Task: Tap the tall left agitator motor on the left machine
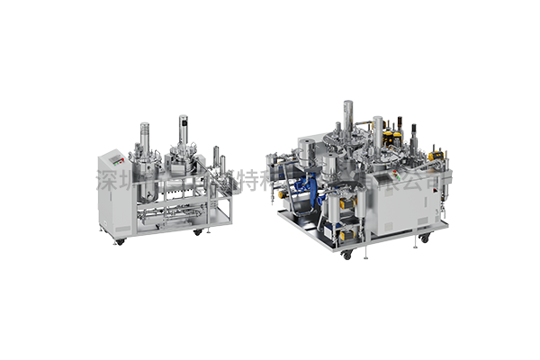coord(143,134)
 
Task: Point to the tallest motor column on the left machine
coord(182,130)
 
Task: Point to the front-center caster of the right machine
coord(346,255)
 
